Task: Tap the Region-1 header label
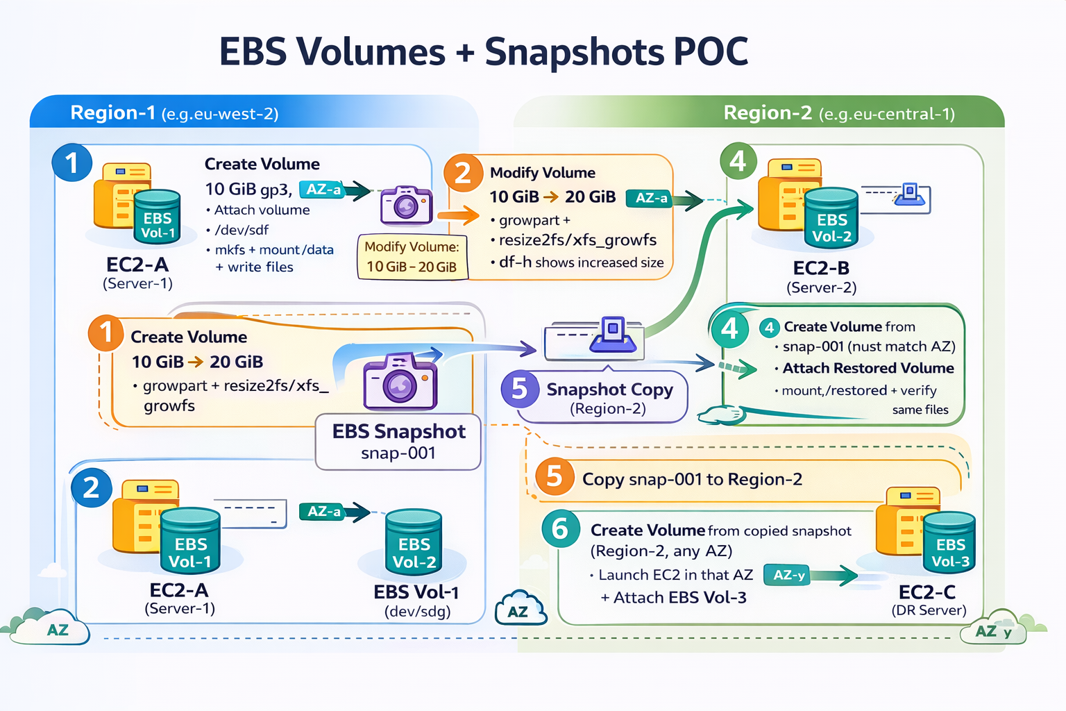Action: pos(112,112)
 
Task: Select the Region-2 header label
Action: pos(767,112)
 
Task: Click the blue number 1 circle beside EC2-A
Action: pos(71,163)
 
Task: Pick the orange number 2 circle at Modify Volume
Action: pos(463,173)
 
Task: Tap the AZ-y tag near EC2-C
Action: pos(789,575)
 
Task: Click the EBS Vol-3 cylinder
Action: pos(949,543)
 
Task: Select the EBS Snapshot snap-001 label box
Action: pos(398,442)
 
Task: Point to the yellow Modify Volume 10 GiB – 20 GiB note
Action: pos(412,256)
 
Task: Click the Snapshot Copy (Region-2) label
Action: pos(609,398)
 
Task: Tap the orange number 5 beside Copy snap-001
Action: pos(554,476)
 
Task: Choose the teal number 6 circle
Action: pos(560,528)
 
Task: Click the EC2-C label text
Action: pos(927,592)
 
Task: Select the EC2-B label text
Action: pos(821,268)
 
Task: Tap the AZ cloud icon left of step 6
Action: pos(520,609)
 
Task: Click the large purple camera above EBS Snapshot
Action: pos(400,381)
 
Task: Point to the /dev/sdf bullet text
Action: pos(241,230)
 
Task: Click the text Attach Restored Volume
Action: pos(868,368)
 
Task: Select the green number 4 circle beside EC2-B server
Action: pos(738,161)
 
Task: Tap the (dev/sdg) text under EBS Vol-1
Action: pos(417,611)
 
